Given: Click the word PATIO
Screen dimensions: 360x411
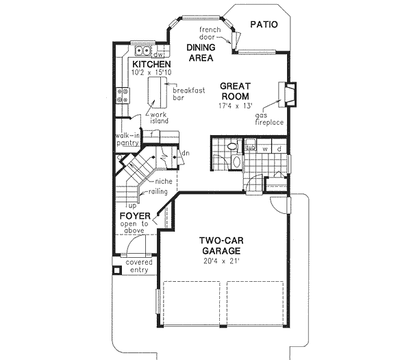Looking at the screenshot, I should tap(264, 25).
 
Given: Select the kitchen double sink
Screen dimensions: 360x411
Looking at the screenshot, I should tap(142, 51).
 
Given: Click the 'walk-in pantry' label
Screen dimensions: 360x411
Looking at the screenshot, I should tap(128, 139).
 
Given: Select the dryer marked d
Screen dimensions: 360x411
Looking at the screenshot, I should tap(280, 148).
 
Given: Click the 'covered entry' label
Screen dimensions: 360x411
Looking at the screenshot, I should tap(139, 266).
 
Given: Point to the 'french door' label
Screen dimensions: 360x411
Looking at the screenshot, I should tap(210, 36).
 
